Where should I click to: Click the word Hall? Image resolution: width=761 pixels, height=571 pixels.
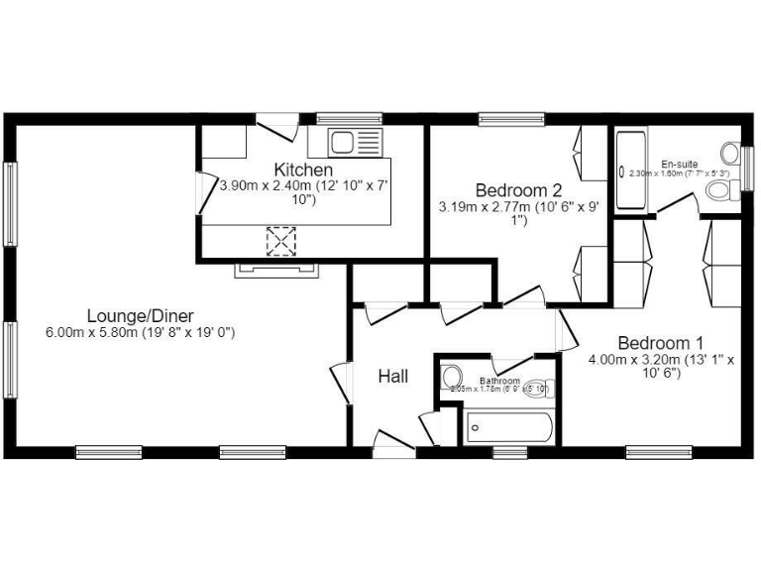point(392,377)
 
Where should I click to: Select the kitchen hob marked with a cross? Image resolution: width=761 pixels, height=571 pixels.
point(281,241)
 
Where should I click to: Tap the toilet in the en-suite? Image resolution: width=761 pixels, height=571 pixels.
point(729,155)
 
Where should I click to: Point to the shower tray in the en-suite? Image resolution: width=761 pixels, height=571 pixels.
point(631,171)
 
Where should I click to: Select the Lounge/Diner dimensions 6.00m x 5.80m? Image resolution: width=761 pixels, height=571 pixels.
point(140,333)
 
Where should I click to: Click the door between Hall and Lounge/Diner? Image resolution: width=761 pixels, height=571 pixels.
point(340,383)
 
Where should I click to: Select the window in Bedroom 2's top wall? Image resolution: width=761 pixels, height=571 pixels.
point(511,118)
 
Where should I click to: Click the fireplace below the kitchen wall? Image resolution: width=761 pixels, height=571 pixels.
point(276,267)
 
